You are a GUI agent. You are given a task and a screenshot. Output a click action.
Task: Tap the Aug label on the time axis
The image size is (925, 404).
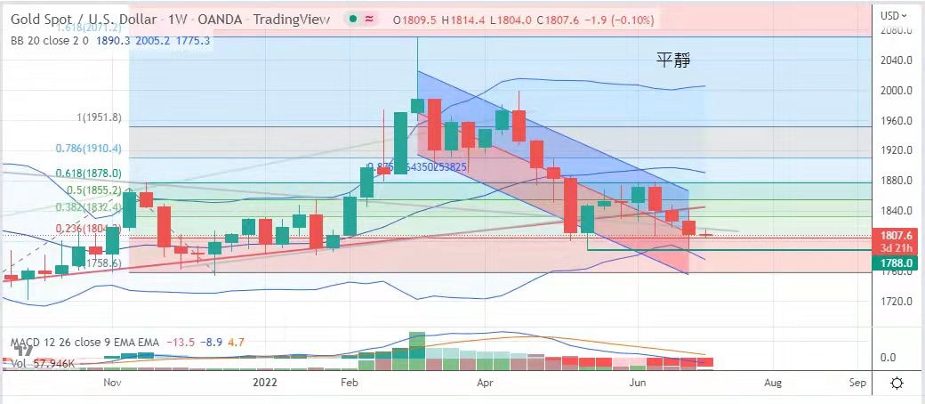pos(773,383)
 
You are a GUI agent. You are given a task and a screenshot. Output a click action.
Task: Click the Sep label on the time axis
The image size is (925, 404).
pos(857,383)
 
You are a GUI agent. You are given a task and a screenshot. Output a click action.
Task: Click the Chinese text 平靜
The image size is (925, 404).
pos(673,61)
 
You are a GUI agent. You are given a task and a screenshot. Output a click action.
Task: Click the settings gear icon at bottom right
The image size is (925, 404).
pos(897,383)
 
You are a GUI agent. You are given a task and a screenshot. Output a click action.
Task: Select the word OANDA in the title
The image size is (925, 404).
pos(212,20)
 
